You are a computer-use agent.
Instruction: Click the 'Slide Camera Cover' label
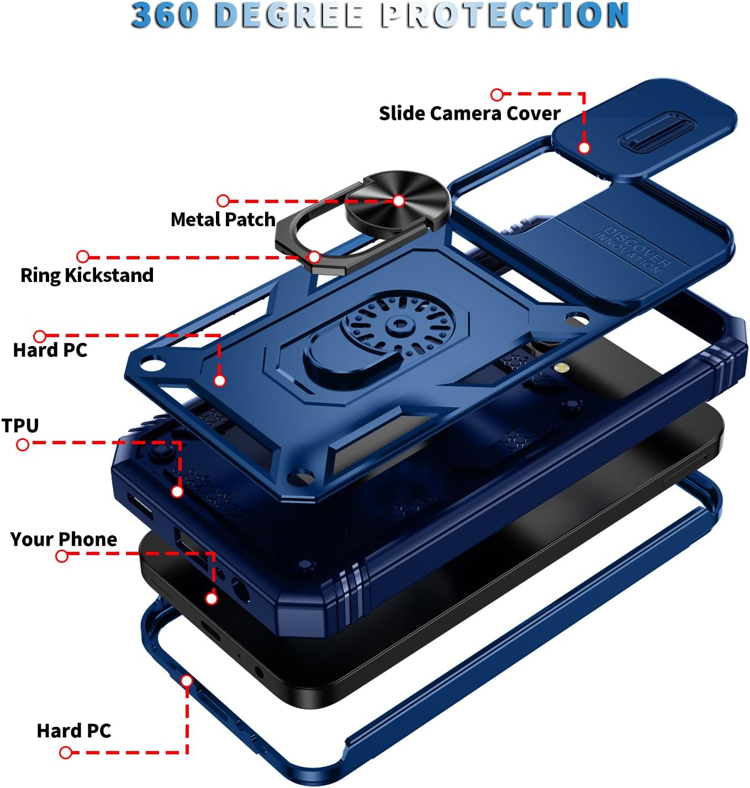[x=469, y=113]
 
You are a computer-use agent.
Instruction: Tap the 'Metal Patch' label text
[x=223, y=220]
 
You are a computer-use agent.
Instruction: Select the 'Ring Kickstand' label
[x=87, y=275]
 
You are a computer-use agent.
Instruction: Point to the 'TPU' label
[x=20, y=425]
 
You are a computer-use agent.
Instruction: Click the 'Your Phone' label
[x=64, y=539]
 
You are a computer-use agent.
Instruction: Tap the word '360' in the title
[x=165, y=15]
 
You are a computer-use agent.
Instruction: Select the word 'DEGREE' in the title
[x=289, y=15]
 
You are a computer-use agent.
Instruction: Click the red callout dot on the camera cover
[x=584, y=147]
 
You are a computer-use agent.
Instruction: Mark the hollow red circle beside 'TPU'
[x=23, y=445]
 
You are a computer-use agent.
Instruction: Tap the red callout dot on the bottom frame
[x=187, y=681]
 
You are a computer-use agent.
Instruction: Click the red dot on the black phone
[x=211, y=599]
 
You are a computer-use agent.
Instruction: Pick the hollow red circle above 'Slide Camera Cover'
[x=497, y=94]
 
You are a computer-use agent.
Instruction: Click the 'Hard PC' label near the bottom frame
[x=73, y=731]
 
